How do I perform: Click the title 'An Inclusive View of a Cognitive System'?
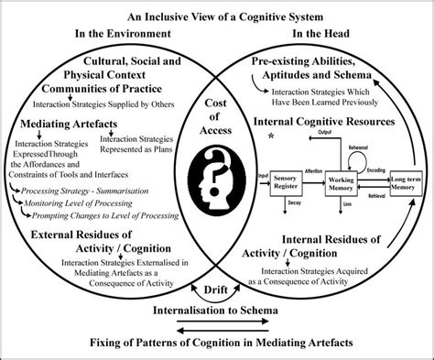[x=217, y=16]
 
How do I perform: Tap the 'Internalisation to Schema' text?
[x=217, y=310]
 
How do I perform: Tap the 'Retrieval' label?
[x=374, y=194]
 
